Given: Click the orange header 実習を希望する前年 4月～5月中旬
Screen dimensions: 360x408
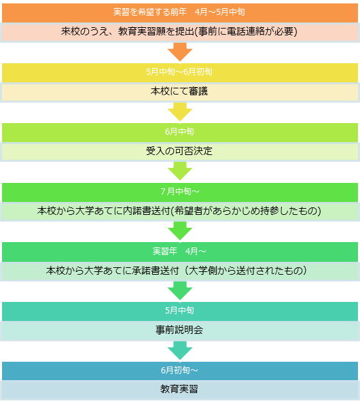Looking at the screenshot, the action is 180,12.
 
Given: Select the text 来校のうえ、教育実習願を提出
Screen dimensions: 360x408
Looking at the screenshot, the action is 128,31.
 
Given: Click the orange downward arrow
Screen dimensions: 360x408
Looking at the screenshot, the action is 180,52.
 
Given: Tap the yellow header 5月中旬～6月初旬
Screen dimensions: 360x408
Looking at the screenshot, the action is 180,72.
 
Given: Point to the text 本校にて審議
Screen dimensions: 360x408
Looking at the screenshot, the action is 179,91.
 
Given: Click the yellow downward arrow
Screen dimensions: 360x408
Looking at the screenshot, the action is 180,112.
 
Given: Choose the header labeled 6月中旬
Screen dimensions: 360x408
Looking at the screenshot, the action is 180,132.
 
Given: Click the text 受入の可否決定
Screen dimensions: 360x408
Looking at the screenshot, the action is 179,151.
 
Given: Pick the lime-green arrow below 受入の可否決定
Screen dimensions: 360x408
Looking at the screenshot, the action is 180,171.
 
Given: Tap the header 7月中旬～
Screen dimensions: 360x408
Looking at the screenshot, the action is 180,192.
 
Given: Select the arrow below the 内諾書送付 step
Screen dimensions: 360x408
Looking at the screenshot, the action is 180,231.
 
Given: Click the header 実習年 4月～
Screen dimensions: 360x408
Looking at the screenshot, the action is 180,252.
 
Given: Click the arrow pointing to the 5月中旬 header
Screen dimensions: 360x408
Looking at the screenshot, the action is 180,290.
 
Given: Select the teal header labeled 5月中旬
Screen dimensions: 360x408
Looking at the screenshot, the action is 180,311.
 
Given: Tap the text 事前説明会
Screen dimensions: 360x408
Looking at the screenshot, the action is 179,330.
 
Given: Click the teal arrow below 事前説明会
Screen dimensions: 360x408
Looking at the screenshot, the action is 180,350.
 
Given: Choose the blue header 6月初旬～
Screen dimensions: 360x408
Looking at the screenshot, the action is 180,371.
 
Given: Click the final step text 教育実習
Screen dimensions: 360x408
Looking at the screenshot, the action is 179,389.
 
